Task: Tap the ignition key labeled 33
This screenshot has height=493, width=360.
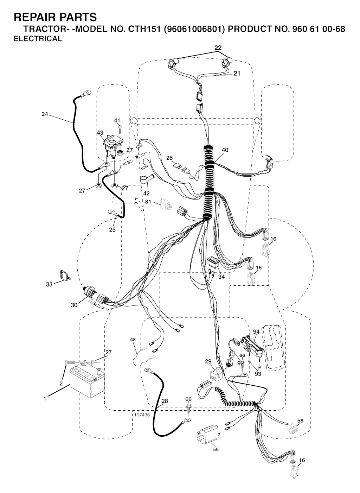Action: pos(64,274)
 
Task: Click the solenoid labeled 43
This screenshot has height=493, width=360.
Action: pos(112,144)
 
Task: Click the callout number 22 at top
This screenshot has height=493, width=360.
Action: pos(218,48)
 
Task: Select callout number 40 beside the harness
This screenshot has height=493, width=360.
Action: pos(225,150)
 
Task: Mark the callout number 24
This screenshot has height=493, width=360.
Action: pos(45,114)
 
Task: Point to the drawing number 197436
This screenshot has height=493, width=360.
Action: pos(142,415)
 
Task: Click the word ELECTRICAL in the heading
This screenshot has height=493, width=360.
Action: pos(38,39)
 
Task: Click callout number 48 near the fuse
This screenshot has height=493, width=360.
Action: pos(133,340)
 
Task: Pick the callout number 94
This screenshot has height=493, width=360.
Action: pos(256,331)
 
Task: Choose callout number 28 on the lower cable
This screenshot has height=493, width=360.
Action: pos(165,401)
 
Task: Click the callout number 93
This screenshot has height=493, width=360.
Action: pos(258,374)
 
